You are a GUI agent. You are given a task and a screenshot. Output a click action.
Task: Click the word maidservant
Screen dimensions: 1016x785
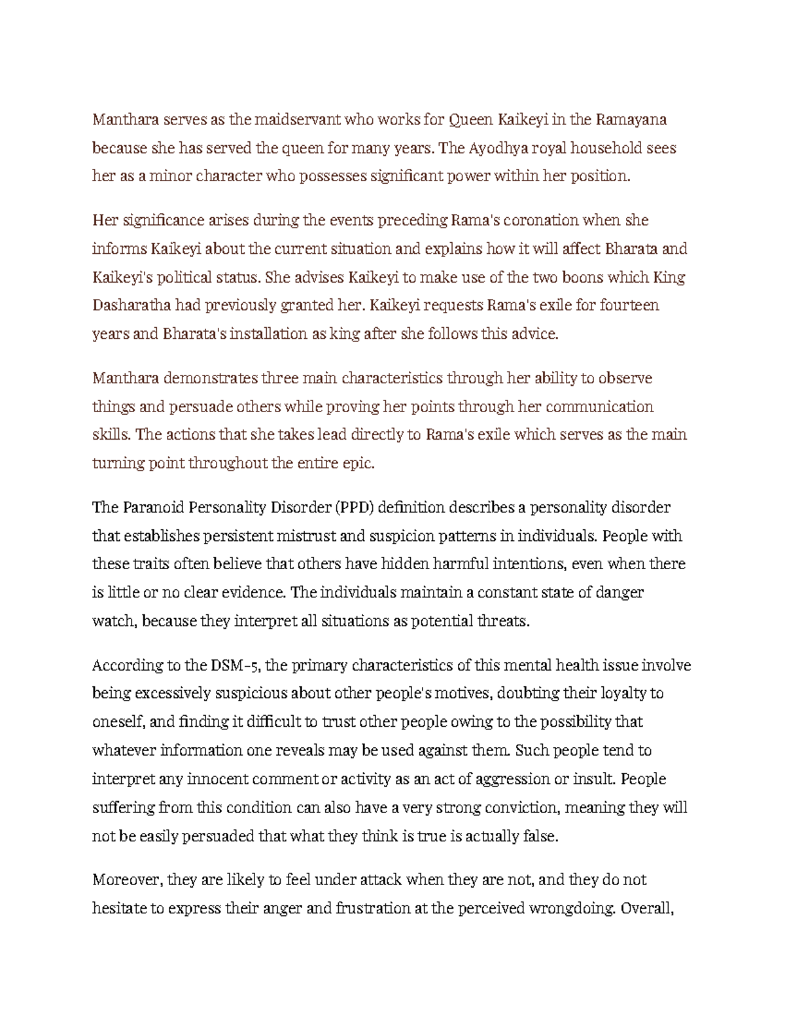point(297,120)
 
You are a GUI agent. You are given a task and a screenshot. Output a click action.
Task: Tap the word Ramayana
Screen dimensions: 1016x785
point(630,120)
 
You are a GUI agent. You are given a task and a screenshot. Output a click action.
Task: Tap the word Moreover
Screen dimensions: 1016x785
point(128,880)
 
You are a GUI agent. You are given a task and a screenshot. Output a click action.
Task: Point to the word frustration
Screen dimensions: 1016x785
point(373,909)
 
